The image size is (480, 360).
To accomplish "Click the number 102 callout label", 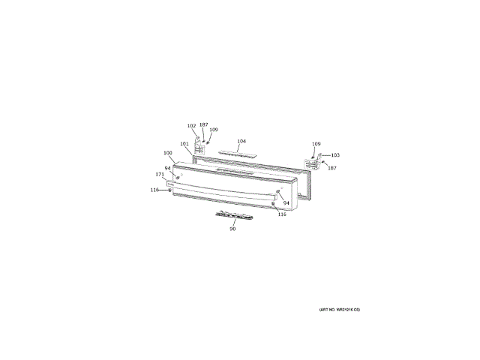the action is point(191,126).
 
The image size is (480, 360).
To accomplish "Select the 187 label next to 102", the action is point(203,124).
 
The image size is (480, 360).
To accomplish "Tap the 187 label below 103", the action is point(332,167).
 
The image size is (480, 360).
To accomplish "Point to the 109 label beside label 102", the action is point(214,130).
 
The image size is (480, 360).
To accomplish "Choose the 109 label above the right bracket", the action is point(316,143).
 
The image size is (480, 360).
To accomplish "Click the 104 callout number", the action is point(241,141).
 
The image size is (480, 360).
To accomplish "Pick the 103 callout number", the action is point(335,155).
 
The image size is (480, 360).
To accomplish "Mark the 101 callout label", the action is point(184,144).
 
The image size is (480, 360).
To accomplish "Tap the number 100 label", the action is point(168,154).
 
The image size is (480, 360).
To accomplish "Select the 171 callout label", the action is point(160,175).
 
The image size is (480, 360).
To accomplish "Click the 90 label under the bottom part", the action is point(232,228).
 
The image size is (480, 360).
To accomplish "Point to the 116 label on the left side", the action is point(154,190).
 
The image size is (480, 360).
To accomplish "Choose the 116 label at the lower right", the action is point(282,214).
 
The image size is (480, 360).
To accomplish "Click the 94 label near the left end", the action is point(168,167).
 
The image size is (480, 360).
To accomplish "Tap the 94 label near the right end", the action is point(286,202).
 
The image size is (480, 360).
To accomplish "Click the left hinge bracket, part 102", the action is point(200,149).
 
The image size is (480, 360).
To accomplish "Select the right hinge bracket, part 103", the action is point(313,163).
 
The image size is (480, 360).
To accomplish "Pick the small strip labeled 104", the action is point(237,151).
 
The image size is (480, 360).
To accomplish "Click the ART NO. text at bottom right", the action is point(339,310).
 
